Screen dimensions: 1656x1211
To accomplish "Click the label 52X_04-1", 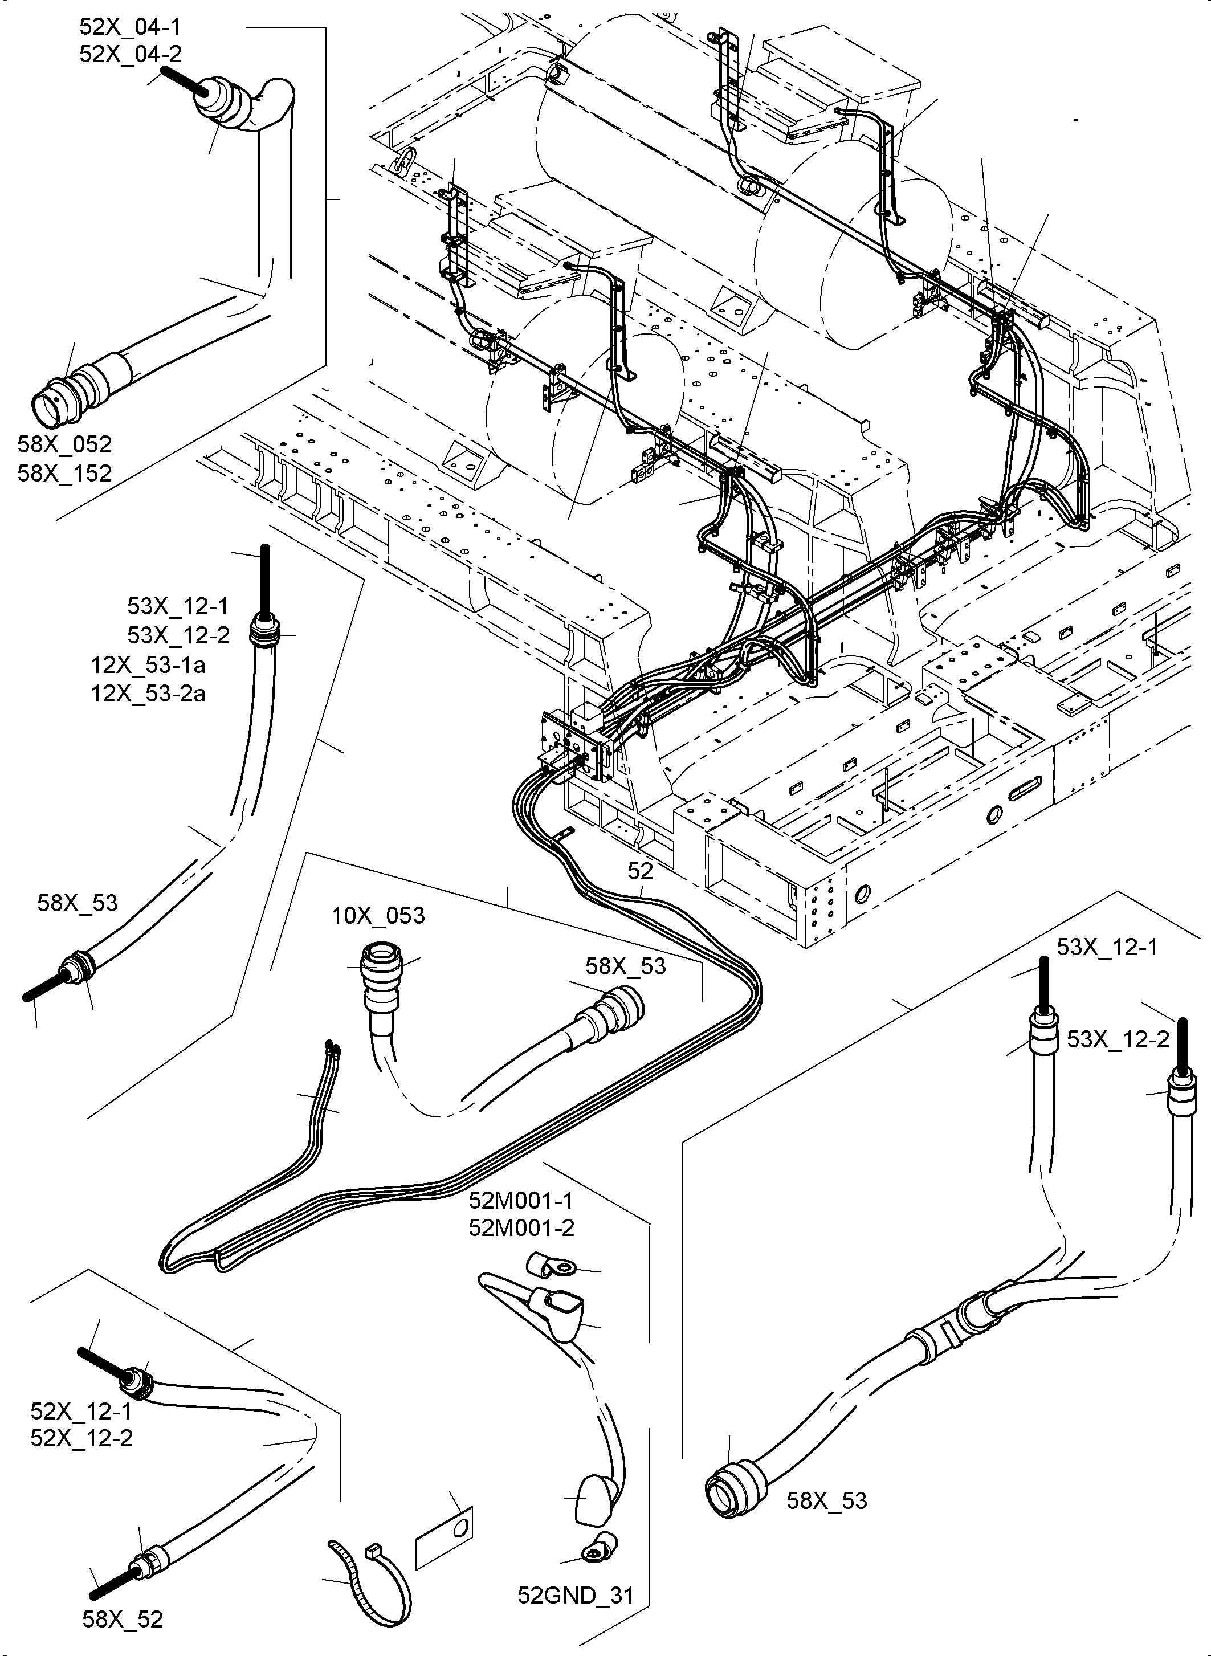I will pyautogui.click(x=130, y=27).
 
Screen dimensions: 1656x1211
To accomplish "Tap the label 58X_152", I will pyautogui.click(x=64, y=474).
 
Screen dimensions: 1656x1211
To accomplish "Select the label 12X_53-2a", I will pyautogui.click(x=148, y=693).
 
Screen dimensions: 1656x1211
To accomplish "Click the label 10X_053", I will pyautogui.click(x=378, y=916).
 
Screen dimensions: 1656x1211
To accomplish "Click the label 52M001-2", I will pyautogui.click(x=521, y=1227).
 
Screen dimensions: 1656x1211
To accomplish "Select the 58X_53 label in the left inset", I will pyautogui.click(x=78, y=903).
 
